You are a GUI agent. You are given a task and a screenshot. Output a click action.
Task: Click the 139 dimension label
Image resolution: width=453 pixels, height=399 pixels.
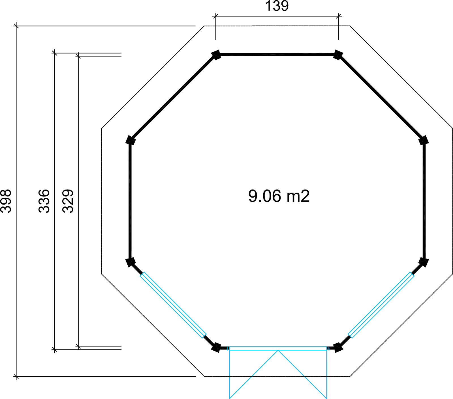277,6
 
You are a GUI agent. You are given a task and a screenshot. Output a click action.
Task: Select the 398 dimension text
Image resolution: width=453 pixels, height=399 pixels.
6,201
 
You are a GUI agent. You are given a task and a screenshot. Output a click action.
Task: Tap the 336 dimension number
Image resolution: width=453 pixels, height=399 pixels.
44,201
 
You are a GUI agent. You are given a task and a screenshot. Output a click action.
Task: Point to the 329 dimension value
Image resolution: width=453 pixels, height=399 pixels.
68,201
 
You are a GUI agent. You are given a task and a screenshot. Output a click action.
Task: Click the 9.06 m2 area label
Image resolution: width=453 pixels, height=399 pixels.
279,196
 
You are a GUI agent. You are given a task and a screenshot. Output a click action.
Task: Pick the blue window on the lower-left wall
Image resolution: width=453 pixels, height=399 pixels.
173,305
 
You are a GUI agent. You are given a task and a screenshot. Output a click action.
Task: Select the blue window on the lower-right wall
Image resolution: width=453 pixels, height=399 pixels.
381,305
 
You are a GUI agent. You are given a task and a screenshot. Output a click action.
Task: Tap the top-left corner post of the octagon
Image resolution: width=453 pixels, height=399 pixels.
216,55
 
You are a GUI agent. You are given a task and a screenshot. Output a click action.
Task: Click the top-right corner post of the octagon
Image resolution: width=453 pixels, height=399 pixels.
338,55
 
